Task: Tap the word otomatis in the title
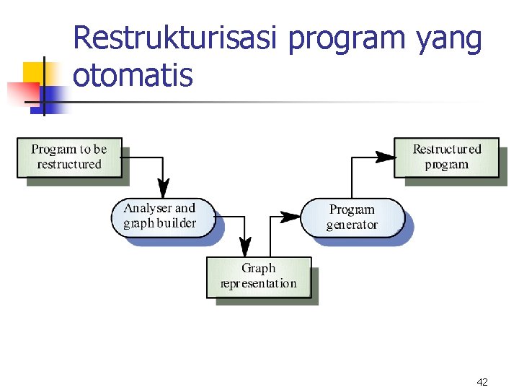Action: pyautogui.click(x=133, y=75)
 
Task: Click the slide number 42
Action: pyautogui.click(x=482, y=381)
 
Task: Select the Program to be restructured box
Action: pyautogui.click(x=69, y=157)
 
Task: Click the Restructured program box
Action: pyautogui.click(x=446, y=157)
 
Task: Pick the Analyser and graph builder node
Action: pyautogui.click(x=163, y=216)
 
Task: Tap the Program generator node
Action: pyautogui.click(x=352, y=217)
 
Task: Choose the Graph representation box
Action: pyautogui.click(x=259, y=276)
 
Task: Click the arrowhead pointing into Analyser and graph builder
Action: pyautogui.click(x=164, y=190)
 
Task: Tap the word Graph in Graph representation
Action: pyautogui.click(x=259, y=269)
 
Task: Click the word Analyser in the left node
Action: pyautogui.click(x=148, y=209)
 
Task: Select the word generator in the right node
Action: pyautogui.click(x=352, y=225)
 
